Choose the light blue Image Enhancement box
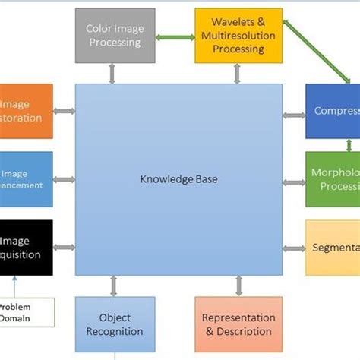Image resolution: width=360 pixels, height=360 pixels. point(26,179)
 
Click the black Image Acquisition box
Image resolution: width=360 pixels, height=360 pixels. point(26,248)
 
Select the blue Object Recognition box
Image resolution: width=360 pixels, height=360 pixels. point(114,324)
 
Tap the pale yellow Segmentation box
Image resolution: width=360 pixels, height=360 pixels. point(333,248)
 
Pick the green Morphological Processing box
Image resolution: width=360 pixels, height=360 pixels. point(333,179)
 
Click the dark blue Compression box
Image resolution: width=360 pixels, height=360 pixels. point(333,111)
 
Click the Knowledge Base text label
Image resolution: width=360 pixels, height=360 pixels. point(178,180)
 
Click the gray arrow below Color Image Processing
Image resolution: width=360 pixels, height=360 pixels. point(113,74)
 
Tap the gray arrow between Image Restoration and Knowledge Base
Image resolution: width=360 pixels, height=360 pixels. point(65,112)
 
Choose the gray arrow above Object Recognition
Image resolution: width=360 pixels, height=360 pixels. point(114,286)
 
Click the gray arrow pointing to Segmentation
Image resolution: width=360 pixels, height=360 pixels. point(293,248)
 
